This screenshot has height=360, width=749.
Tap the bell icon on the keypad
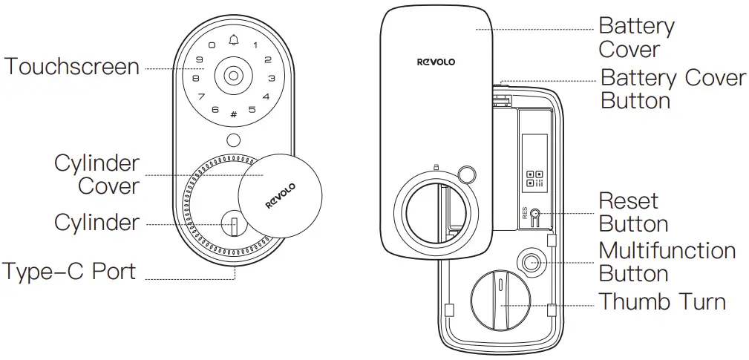(x=235, y=39)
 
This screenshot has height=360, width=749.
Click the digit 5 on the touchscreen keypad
(x=252, y=111)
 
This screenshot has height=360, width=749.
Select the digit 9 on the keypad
(x=200, y=60)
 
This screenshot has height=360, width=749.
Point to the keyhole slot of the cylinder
(x=233, y=224)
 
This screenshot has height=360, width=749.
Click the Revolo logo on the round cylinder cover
(x=281, y=195)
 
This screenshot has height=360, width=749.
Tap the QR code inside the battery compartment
(x=534, y=178)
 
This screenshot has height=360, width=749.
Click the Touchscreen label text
(x=72, y=67)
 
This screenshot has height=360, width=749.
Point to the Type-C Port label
(x=69, y=271)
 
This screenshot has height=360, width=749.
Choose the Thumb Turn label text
(x=662, y=302)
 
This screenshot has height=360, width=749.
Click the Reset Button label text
(x=633, y=212)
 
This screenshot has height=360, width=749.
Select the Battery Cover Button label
(x=673, y=88)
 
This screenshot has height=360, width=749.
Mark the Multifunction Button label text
(x=667, y=261)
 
